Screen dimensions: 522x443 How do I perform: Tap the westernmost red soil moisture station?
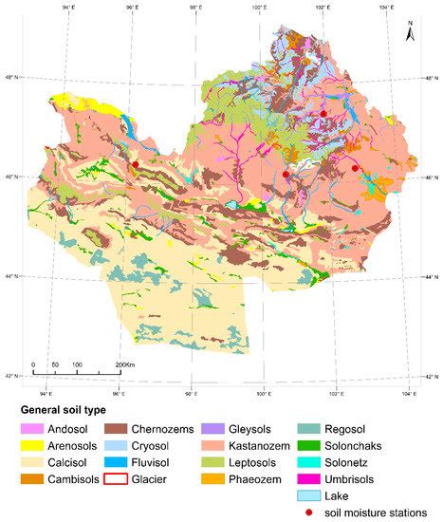(x=136, y=164)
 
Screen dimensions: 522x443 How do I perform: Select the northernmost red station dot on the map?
(x=323, y=114)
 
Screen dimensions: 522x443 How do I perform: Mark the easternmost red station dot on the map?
(x=356, y=168)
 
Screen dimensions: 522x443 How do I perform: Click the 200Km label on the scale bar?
(x=123, y=365)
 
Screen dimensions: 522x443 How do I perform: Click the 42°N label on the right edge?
(x=430, y=377)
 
